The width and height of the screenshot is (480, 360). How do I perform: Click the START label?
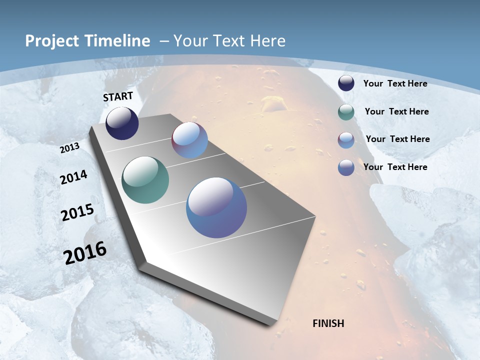click(x=118, y=96)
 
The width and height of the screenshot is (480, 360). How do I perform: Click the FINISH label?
click(x=328, y=323)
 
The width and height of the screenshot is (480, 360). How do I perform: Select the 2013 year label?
click(x=69, y=148)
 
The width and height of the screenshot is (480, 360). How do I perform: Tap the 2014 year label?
click(x=73, y=177)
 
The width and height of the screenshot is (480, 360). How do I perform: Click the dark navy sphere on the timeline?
click(x=122, y=123)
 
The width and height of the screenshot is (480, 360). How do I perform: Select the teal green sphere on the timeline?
click(x=145, y=180)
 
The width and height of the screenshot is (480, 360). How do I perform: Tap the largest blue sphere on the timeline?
click(x=216, y=207)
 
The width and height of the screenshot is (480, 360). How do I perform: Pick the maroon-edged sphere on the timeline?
click(x=189, y=140)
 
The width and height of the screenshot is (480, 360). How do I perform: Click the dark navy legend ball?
click(x=346, y=83)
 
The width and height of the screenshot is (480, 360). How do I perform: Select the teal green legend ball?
click(x=346, y=112)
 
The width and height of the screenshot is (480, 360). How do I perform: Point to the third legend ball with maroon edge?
click(x=346, y=140)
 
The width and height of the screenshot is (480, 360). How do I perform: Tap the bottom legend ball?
click(x=346, y=168)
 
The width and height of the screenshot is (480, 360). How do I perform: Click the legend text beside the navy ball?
click(x=395, y=83)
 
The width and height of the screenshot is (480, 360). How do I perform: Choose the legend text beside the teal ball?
click(x=396, y=111)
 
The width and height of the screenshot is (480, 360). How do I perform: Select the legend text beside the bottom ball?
click(x=395, y=167)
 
